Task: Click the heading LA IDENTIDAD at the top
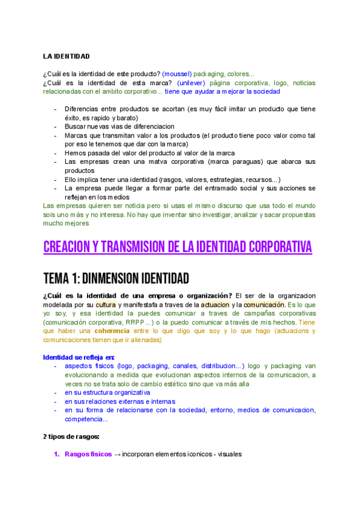point(66,56)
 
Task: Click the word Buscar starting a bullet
point(76,127)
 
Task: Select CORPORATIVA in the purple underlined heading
point(275,247)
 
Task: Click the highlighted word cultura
point(106,305)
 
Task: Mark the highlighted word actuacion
point(215,305)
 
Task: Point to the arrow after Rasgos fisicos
point(118,454)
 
